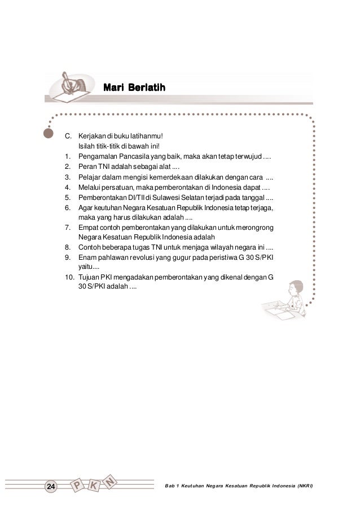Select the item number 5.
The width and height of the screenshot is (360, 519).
point(67,198)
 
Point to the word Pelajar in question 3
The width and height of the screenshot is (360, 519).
point(90,177)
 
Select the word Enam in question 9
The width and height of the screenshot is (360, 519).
point(88,258)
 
